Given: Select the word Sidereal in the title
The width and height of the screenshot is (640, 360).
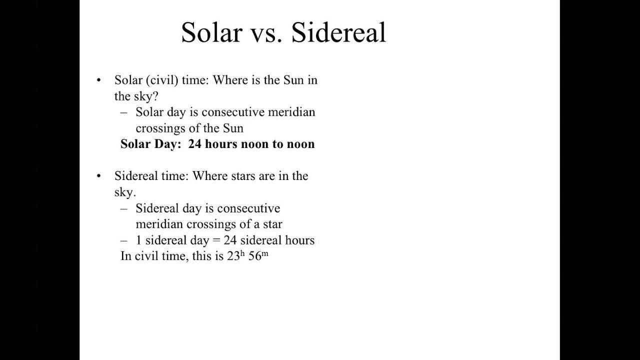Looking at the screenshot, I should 338,33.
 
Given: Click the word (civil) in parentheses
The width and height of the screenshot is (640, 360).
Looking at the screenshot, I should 162,80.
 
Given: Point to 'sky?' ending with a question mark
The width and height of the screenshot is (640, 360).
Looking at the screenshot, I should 146,96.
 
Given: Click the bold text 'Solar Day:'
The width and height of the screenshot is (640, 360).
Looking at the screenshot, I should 150,144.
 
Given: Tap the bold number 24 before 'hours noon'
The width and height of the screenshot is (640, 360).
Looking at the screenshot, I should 194,144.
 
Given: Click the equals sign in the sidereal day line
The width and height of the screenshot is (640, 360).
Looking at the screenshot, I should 216,240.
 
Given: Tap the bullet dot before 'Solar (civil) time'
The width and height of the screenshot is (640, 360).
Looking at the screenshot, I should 99,80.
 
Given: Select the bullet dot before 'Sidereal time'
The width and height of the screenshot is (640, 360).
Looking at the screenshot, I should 99,176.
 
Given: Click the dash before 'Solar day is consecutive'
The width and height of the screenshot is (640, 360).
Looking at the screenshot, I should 124,112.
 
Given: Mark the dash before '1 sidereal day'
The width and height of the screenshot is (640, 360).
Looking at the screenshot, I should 124,240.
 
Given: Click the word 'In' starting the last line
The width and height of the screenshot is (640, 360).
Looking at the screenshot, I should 125,256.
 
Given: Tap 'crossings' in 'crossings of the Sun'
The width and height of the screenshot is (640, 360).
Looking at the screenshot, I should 160,128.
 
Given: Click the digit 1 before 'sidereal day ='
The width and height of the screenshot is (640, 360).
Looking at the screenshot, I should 138,240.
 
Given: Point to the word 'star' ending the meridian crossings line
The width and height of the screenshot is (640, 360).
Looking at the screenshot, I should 272,224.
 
